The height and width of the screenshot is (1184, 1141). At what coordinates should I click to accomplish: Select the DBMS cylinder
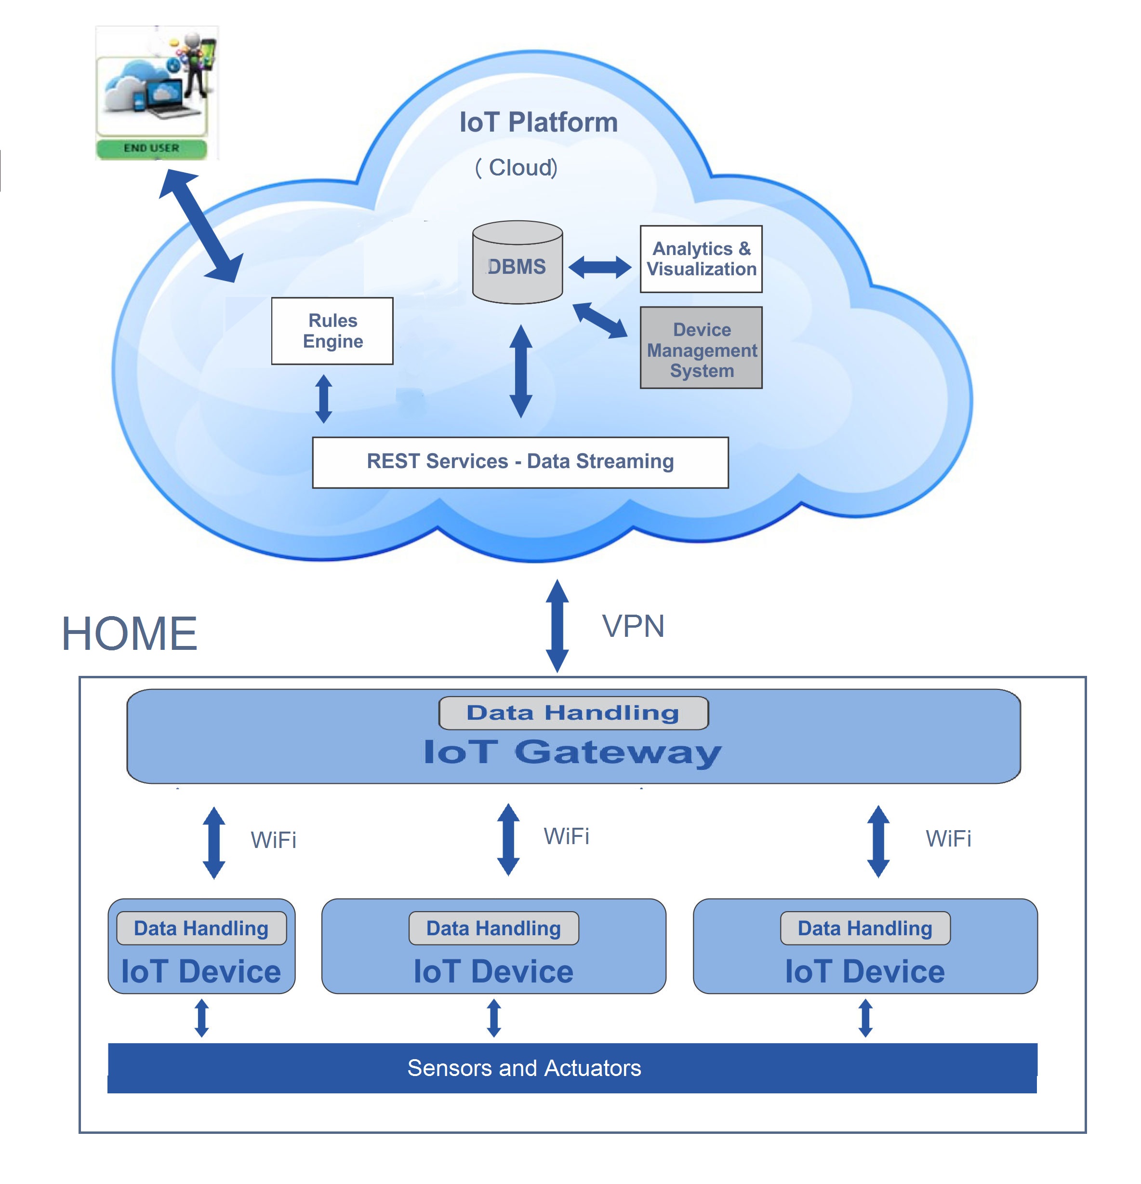[517, 263]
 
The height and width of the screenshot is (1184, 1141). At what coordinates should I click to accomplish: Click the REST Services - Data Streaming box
[519, 462]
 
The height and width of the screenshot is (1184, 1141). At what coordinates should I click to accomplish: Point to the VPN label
[632, 626]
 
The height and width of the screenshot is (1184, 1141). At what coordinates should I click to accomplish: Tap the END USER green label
[151, 148]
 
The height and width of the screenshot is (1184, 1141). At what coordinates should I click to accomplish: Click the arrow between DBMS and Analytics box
[599, 267]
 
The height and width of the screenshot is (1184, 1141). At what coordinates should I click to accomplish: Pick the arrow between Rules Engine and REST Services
[324, 399]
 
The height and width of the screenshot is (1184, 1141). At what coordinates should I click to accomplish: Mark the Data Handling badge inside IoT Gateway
[572, 713]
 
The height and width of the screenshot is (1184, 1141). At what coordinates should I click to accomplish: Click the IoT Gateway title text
[572, 752]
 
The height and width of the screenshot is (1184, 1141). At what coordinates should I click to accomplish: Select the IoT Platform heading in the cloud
[538, 122]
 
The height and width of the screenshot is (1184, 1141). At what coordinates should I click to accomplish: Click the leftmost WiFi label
[273, 840]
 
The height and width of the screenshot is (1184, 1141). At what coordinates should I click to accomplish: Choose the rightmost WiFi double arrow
[877, 841]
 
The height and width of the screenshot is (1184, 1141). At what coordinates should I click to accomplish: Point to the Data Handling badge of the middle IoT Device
[493, 928]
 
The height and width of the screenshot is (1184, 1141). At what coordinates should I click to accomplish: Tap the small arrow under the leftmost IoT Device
[201, 1018]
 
